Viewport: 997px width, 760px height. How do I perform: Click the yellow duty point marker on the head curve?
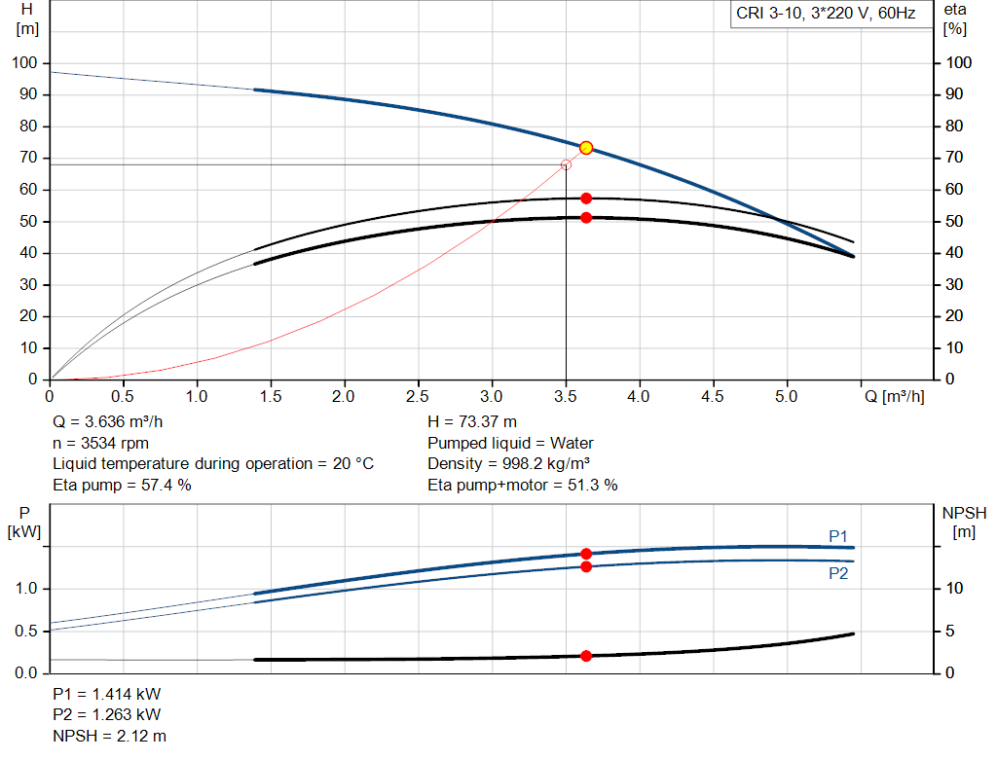(x=586, y=148)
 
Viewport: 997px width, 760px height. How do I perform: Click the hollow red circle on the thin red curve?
(x=566, y=164)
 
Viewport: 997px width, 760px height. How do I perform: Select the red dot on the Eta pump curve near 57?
(x=586, y=199)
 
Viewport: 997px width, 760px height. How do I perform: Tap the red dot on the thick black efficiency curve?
(x=586, y=217)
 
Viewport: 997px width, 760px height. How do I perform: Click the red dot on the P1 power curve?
(x=586, y=554)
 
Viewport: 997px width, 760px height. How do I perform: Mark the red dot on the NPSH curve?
(x=586, y=656)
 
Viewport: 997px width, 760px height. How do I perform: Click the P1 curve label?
(x=838, y=536)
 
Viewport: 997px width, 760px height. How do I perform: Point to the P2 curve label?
(x=838, y=573)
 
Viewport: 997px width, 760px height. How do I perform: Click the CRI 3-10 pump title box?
(x=825, y=15)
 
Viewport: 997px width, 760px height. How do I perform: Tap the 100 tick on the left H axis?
(x=24, y=63)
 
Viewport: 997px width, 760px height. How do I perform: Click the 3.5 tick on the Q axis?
(x=566, y=397)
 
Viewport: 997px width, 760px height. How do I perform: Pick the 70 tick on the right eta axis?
(x=955, y=158)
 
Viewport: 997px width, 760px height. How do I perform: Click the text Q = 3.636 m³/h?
(x=115, y=422)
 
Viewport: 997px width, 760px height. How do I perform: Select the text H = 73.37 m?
(x=472, y=422)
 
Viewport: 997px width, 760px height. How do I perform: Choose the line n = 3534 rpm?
(x=102, y=443)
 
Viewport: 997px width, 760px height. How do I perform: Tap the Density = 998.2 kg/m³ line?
(x=510, y=463)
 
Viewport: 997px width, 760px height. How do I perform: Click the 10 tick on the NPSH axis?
(x=955, y=589)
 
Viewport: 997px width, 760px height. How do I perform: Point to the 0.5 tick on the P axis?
(x=27, y=632)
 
